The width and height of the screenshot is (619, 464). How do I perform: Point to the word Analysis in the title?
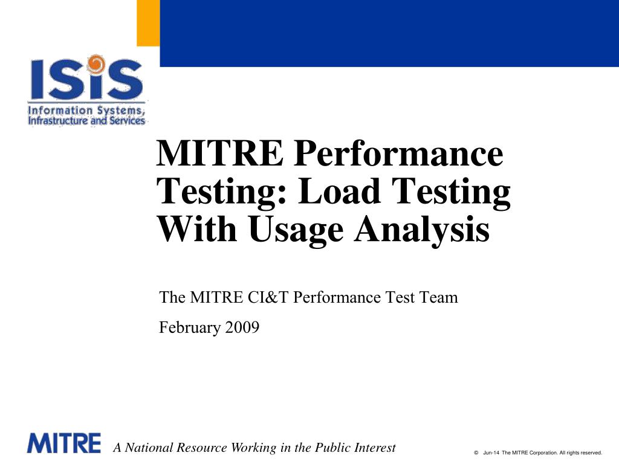(421, 230)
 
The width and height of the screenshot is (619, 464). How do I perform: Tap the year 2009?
(242, 327)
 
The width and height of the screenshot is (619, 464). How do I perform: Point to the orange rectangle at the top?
(148, 23)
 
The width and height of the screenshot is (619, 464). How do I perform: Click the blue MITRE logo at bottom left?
(63, 443)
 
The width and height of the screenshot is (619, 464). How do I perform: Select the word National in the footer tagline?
(149, 448)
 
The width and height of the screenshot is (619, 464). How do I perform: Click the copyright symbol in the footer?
(476, 452)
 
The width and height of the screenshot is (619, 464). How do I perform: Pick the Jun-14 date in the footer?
(491, 452)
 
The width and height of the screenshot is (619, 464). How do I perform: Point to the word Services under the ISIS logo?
(126, 121)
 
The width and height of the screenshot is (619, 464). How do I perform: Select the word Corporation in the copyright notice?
(542, 452)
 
